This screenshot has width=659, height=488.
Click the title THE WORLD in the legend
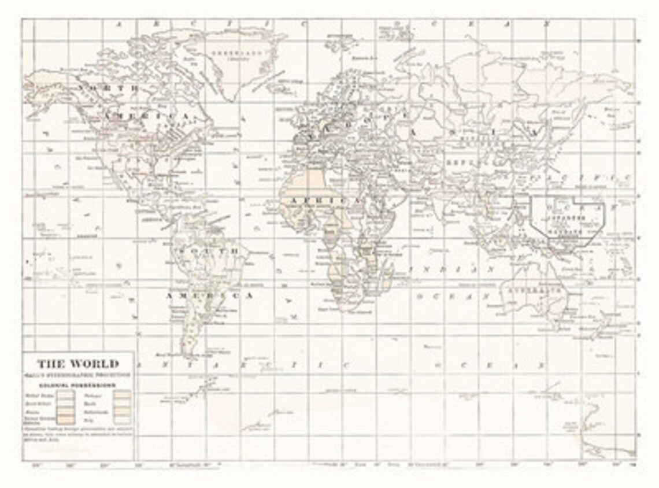pyautogui.click(x=78, y=364)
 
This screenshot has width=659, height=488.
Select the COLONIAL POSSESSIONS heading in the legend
pyautogui.click(x=77, y=385)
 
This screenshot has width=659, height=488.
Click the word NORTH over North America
pyautogui.click(x=109, y=88)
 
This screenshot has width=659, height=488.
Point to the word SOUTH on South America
pyautogui.click(x=208, y=252)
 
